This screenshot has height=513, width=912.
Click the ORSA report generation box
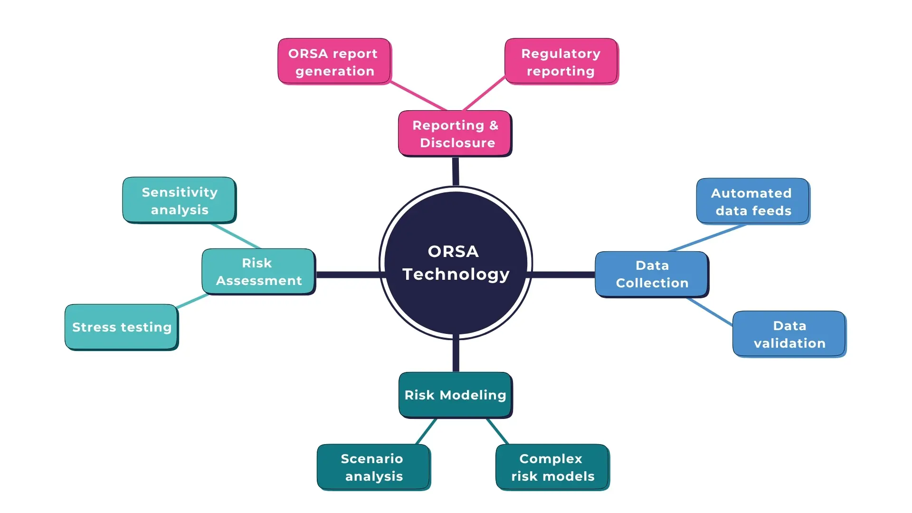pyautogui.click(x=333, y=62)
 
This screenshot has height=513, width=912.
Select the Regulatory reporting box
pyautogui.click(x=561, y=62)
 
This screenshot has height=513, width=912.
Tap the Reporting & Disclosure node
pyautogui.click(x=455, y=133)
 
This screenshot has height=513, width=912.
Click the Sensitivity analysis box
pyautogui.click(x=179, y=200)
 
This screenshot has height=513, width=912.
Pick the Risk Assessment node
pyautogui.click(x=258, y=272)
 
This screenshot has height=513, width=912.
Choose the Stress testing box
pyautogui.click(x=121, y=327)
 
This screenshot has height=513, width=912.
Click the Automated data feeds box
pyautogui.click(x=752, y=201)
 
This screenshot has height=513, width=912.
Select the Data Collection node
pyautogui.click(x=651, y=274)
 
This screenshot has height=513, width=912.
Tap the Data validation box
pyautogui.click(x=789, y=334)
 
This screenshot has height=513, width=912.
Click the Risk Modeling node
pyautogui.click(x=455, y=395)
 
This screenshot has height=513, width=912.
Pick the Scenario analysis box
pyautogui.click(x=373, y=467)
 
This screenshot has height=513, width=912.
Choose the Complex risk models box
pyautogui.click(x=552, y=467)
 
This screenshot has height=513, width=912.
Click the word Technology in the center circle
pyautogui.click(x=456, y=274)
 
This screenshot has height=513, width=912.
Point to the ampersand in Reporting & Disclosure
pyautogui.click(x=494, y=125)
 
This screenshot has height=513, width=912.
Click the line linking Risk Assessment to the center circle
pyautogui.click(x=348, y=275)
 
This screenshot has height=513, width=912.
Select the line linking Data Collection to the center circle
pyautogui.click(x=564, y=275)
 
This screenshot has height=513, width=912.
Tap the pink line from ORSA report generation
pyautogui.click(x=418, y=96)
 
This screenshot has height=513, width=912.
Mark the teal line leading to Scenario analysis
pyautogui.click(x=426, y=431)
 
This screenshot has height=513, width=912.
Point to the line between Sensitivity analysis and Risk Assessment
pyautogui.click(x=236, y=236)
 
